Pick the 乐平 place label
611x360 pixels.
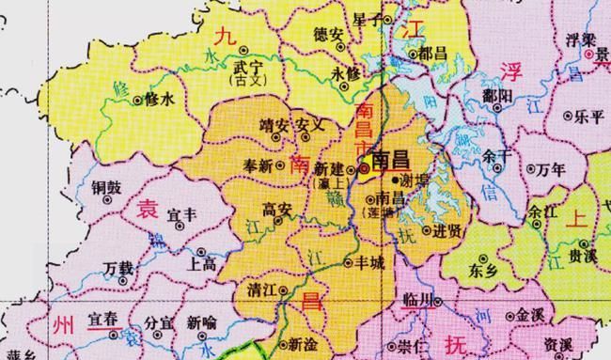tap(590, 117)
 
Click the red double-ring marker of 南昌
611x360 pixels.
tap(365, 169)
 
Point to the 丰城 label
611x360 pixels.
tap(369, 262)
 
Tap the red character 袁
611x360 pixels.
tap(148, 211)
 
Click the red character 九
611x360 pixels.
tap(225, 38)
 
